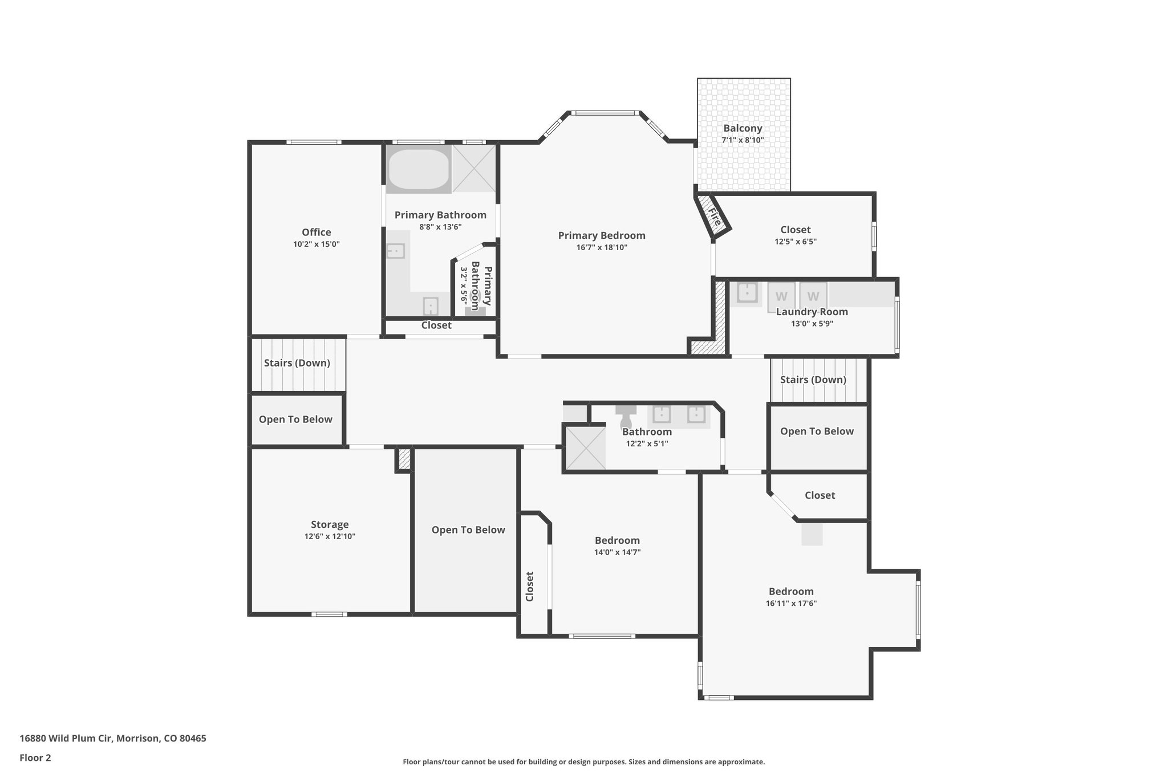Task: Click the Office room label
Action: [x=316, y=232]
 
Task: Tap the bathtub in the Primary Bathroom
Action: [x=418, y=169]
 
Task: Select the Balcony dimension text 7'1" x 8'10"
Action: [x=743, y=140]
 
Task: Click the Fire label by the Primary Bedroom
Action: [x=714, y=217]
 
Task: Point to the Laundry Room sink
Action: [x=747, y=293]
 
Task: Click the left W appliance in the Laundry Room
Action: [x=781, y=296]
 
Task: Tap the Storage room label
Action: [x=330, y=524]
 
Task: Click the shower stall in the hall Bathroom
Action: [x=585, y=448]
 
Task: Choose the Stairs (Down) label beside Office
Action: [x=297, y=363]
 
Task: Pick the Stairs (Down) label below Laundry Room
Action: [x=813, y=380]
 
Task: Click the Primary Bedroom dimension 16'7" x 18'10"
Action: [x=602, y=247]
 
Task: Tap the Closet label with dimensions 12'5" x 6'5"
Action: [x=795, y=230]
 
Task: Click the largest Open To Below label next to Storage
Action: [x=468, y=530]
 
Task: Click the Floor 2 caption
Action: [x=35, y=757]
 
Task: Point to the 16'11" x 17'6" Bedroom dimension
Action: [x=791, y=604]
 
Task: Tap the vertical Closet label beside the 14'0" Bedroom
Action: [x=530, y=586]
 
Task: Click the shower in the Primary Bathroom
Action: [x=474, y=169]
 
